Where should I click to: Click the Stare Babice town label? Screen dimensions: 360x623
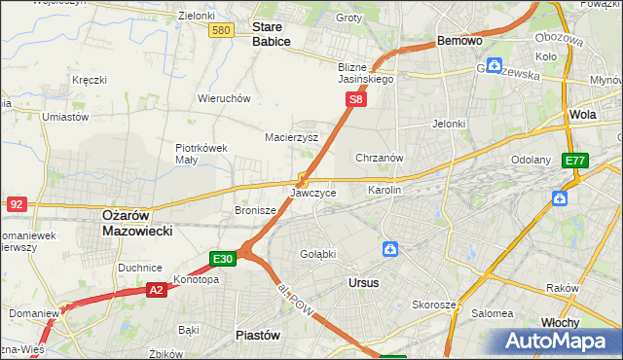271,35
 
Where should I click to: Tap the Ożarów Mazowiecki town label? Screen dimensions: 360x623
137,224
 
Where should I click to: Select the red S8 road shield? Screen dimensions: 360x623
357,99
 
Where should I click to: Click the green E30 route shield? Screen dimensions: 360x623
223,259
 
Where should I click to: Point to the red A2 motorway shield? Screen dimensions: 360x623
156,289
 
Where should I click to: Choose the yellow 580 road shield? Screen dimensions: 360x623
221,31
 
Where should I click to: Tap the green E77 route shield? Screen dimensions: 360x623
574,161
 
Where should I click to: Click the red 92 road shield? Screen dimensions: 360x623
16,204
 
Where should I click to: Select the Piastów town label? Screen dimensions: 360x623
258,335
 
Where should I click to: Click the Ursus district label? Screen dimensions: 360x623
363,282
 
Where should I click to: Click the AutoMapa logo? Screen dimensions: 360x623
560,341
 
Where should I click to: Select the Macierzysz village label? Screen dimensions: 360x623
292,137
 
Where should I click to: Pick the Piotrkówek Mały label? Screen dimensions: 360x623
202,154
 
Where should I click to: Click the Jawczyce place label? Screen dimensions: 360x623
313,194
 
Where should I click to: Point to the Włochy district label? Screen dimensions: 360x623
562,322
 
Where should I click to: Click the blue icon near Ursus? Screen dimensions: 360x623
389,250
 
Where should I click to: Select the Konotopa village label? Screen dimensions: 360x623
196,279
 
